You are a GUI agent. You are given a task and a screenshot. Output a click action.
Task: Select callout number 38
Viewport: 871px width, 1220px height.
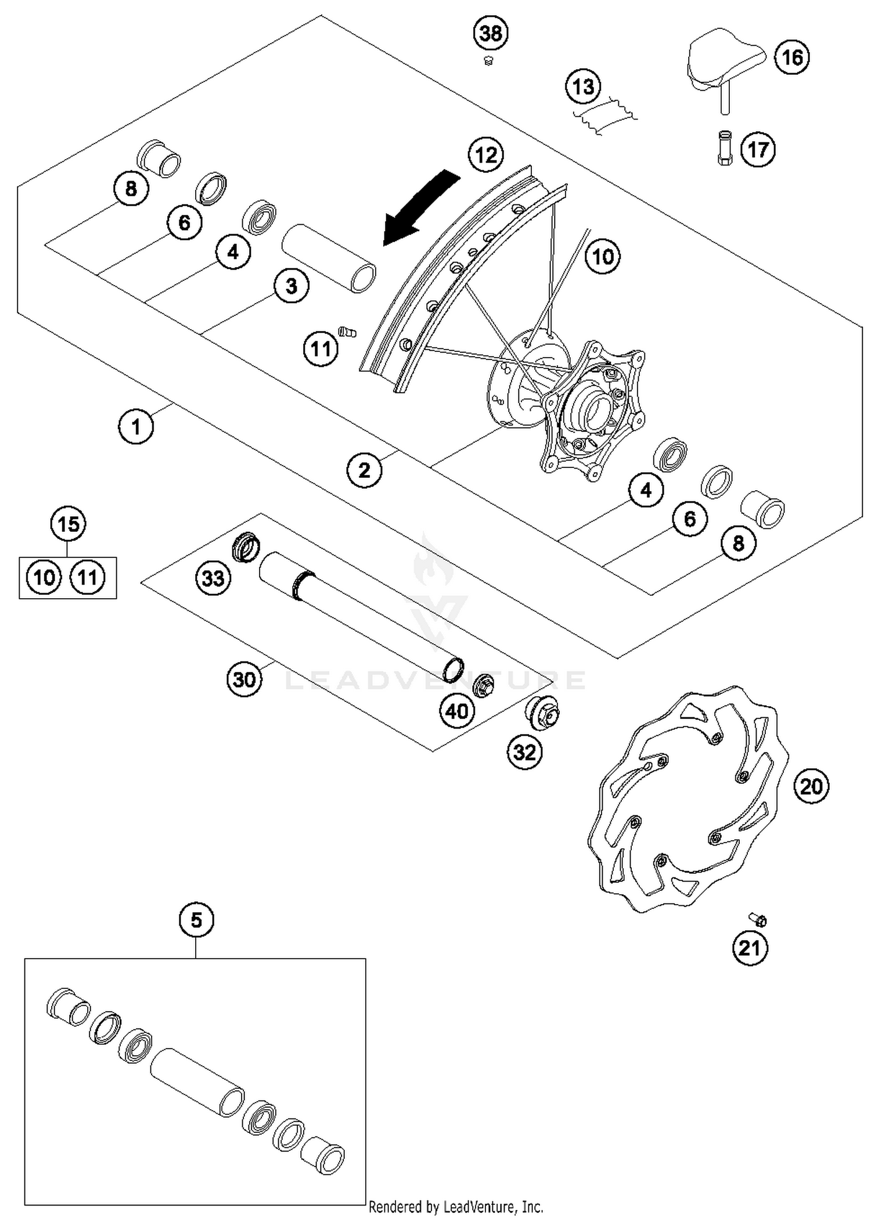[491, 33]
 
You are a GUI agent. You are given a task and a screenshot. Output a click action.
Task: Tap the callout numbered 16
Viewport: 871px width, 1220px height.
[792, 57]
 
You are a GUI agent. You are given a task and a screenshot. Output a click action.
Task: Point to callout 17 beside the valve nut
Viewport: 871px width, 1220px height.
[758, 150]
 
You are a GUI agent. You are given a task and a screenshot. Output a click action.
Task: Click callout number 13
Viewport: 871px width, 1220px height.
[583, 87]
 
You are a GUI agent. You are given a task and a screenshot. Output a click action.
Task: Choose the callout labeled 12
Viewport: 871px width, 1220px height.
[486, 155]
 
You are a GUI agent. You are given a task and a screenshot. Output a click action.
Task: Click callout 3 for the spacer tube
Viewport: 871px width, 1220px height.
[291, 286]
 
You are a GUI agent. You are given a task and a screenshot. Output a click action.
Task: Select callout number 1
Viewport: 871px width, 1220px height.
[136, 427]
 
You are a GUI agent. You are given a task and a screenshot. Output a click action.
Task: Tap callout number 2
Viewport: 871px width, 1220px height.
[364, 470]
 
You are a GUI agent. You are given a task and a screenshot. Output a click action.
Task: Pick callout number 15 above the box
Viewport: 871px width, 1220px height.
[69, 524]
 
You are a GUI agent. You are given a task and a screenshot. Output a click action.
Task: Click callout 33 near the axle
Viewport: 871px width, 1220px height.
[213, 578]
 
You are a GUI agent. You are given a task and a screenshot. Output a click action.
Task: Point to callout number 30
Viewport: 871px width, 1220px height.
[244, 679]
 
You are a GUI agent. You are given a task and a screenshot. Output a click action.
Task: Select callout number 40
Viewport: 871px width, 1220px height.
[458, 711]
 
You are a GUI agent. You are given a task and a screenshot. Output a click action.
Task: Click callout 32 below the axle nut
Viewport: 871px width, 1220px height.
[525, 753]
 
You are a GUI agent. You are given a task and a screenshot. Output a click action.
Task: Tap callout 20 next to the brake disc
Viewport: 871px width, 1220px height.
[811, 786]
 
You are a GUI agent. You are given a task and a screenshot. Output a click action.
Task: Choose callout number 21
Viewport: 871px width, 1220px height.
[750, 948]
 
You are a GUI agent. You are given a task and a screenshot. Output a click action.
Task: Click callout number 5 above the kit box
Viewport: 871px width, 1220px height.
[196, 920]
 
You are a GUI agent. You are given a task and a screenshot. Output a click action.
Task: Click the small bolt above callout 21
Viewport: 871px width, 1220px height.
[758, 920]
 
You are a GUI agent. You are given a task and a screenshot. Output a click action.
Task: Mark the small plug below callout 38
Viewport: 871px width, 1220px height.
[488, 60]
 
